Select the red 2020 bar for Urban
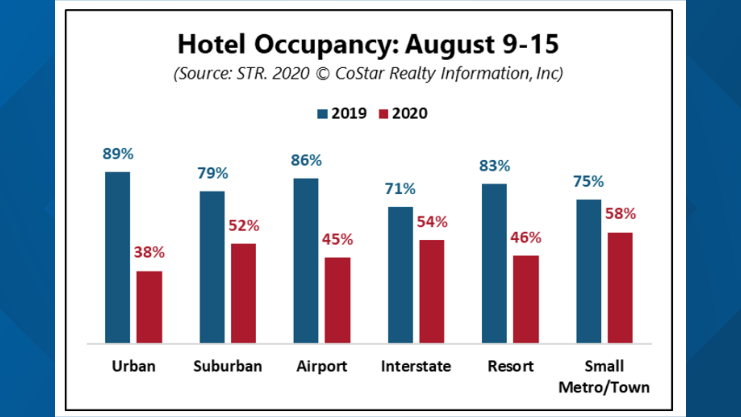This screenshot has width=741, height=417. click(x=149, y=307)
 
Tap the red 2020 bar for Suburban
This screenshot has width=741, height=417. click(x=243, y=293)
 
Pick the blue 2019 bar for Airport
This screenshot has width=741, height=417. click(x=306, y=261)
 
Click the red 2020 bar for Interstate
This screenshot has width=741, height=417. click(x=431, y=292)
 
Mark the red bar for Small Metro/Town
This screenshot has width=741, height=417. click(x=620, y=288)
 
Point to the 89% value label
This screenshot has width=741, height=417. click(x=118, y=154)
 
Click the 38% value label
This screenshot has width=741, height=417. click(x=149, y=253)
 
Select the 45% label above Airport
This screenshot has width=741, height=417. click(x=337, y=239)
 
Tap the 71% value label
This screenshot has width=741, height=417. click(x=400, y=189)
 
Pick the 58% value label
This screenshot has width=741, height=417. click(x=620, y=214)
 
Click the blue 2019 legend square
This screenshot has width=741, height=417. click(x=322, y=114)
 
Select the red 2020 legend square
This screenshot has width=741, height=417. click(x=383, y=114)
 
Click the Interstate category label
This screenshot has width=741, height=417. click(x=416, y=366)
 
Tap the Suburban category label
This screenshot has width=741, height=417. click(x=227, y=366)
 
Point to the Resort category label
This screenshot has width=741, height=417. click(x=511, y=366)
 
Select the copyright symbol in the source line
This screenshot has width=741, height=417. click(x=323, y=74)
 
